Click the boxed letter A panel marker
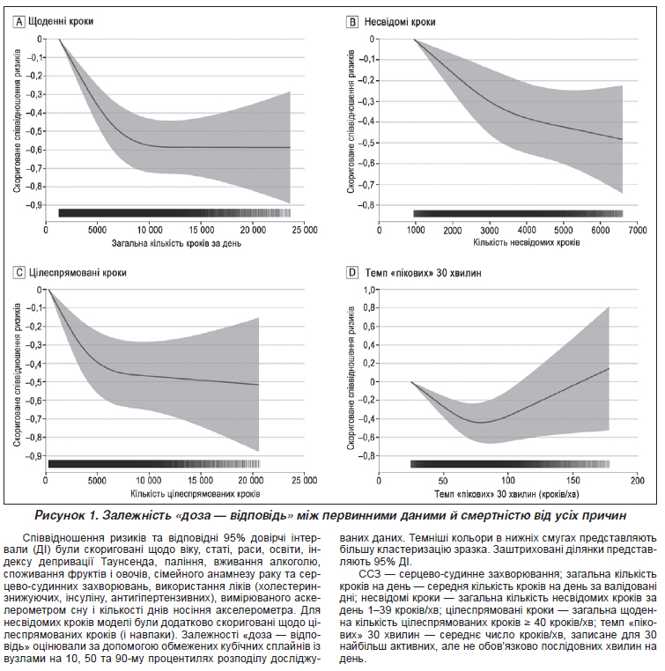coord(20,18)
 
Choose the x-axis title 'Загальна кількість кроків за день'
coord(166,241)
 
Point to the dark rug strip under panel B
coord(518,213)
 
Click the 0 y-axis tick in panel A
coord(39,40)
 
